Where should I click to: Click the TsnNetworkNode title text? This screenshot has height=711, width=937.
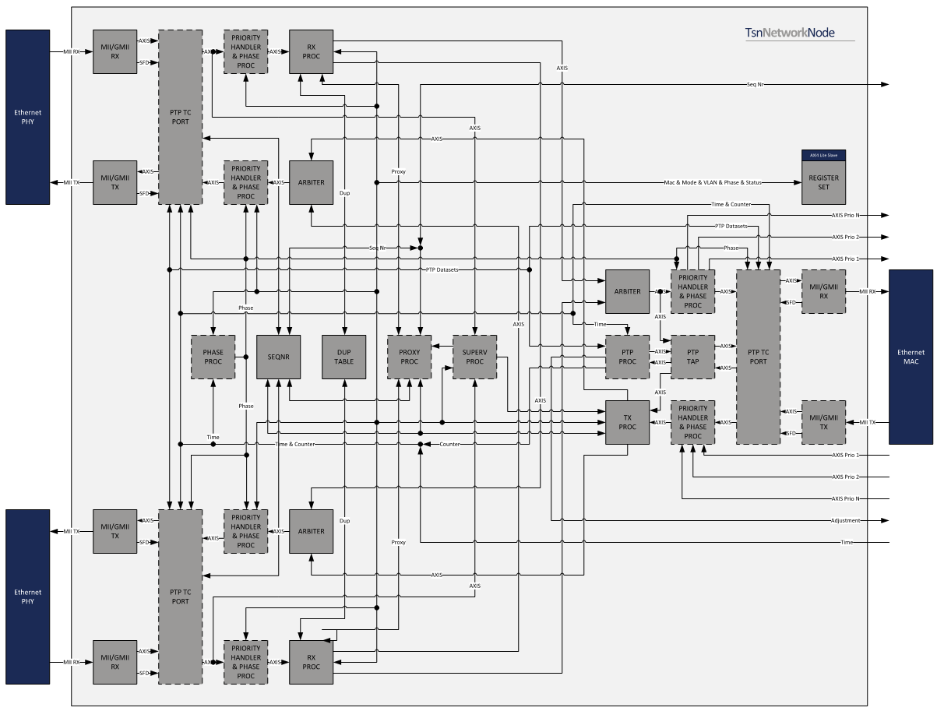pos(800,33)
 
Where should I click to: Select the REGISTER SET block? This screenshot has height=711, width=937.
pos(823,183)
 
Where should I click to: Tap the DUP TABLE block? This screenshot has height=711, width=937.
pos(344,357)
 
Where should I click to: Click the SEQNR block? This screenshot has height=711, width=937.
pos(278,357)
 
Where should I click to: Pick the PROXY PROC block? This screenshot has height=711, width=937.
pos(409,357)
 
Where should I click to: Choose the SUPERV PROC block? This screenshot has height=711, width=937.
pos(474,357)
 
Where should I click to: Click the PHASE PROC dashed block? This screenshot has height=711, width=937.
pos(213,357)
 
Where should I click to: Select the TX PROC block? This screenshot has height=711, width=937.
pos(627,422)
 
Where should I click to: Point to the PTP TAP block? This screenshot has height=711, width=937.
pos(692,357)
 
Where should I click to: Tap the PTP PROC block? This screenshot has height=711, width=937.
pos(627,357)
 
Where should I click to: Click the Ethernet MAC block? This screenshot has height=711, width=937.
pos(911,357)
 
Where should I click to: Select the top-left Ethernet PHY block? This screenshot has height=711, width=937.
pos(28,117)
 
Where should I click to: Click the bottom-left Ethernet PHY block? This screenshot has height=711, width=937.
pos(28,597)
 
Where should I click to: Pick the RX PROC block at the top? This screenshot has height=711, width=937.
pos(311,51)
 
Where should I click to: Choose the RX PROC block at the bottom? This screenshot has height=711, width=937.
pos(311,662)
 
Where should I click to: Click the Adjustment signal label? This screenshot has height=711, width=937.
pos(845,520)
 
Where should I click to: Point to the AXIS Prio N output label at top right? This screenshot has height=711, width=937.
pos(845,215)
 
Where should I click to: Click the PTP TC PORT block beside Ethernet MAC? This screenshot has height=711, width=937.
pos(758,357)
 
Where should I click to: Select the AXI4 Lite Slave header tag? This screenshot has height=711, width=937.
pos(823,155)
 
